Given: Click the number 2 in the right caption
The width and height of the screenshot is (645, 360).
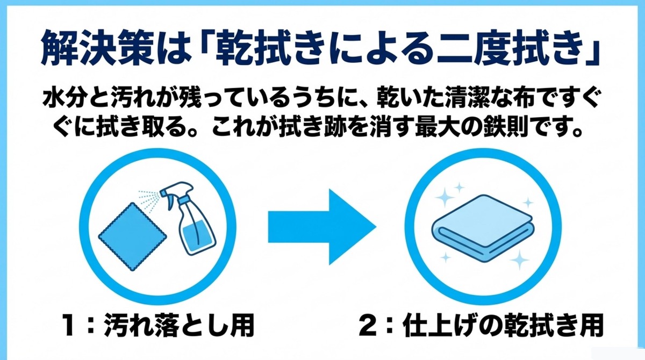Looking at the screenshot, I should (371, 325).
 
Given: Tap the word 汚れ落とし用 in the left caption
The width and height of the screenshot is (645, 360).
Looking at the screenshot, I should (181, 325).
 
